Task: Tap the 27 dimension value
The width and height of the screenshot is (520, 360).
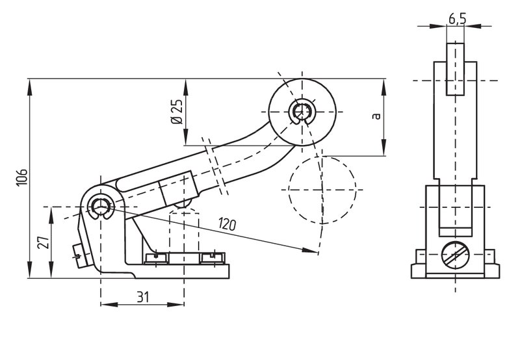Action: pos(44,242)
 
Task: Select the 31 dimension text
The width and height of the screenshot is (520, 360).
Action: pos(143,297)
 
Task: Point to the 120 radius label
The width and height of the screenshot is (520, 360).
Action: pos(227,224)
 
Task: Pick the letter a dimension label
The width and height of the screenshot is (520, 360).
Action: pos(376,116)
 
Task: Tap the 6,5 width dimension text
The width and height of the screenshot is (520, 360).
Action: pos(457,19)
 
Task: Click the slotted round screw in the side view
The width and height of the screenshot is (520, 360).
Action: pos(456,255)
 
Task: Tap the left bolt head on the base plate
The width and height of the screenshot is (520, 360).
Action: pos(156,258)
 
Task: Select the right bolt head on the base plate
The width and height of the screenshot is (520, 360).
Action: pos(213,258)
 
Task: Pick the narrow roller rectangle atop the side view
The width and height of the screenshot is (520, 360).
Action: pos(456,69)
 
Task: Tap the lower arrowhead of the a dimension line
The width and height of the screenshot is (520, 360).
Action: pos(383,147)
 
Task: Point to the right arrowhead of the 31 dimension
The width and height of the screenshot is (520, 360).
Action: pos(175,304)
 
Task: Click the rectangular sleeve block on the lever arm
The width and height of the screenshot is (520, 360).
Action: pos(179,189)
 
